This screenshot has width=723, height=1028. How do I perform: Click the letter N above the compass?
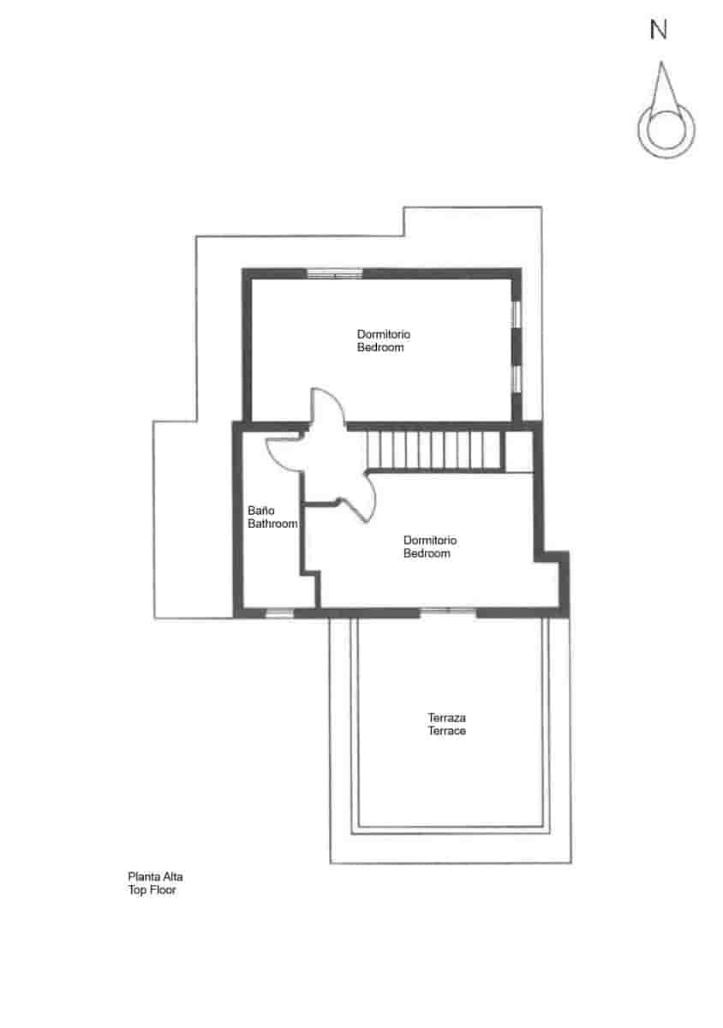(658, 30)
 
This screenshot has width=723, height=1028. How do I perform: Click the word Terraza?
(446, 717)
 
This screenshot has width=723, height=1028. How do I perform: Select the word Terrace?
(446, 731)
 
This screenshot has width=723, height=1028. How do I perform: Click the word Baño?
(260, 511)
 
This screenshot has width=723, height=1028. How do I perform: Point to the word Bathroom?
(272, 523)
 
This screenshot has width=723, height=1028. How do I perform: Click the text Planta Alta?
(155, 876)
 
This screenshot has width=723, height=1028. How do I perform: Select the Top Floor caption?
(152, 890)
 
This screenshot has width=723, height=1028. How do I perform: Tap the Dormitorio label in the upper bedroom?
(383, 334)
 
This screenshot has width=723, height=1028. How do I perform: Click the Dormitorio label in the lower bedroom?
(430, 541)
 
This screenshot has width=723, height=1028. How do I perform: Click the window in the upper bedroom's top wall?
(335, 274)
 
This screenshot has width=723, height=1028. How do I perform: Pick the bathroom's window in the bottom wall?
(279, 613)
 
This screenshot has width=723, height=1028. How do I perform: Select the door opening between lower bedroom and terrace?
(447, 611)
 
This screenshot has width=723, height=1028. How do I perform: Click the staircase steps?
(433, 451)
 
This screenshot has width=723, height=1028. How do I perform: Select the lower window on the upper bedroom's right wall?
(517, 379)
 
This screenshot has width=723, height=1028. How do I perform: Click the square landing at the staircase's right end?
(519, 451)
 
